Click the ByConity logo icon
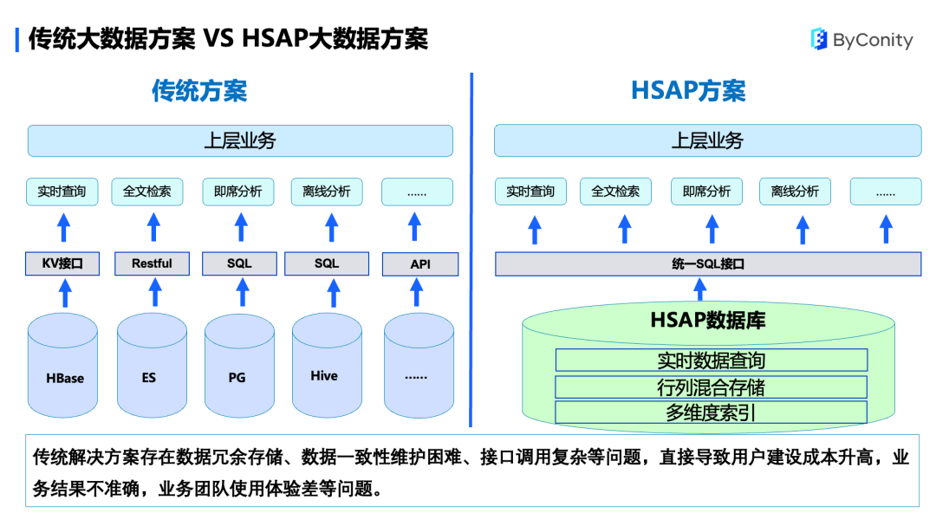pos(819,39)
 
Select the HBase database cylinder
pos(62,366)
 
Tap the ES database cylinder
pos(153,366)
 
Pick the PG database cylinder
pos(239,366)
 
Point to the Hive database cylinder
pos(327,366)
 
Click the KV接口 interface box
pos(62,263)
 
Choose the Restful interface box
pos(152,263)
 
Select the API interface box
pos(420,264)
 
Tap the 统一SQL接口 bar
pos(708,264)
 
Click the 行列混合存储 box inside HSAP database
pos(711,386)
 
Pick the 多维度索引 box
pos(711,412)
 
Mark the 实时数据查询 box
pos(711,360)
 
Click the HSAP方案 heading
pos(688,91)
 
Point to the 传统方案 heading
pos(199,91)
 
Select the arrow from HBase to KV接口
pos(65,293)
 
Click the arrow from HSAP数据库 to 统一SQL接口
pos(700,289)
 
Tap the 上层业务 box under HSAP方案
pos(708,140)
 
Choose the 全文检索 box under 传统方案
pos(146,192)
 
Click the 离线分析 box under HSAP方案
pos(795,191)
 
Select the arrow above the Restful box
pos(153,228)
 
